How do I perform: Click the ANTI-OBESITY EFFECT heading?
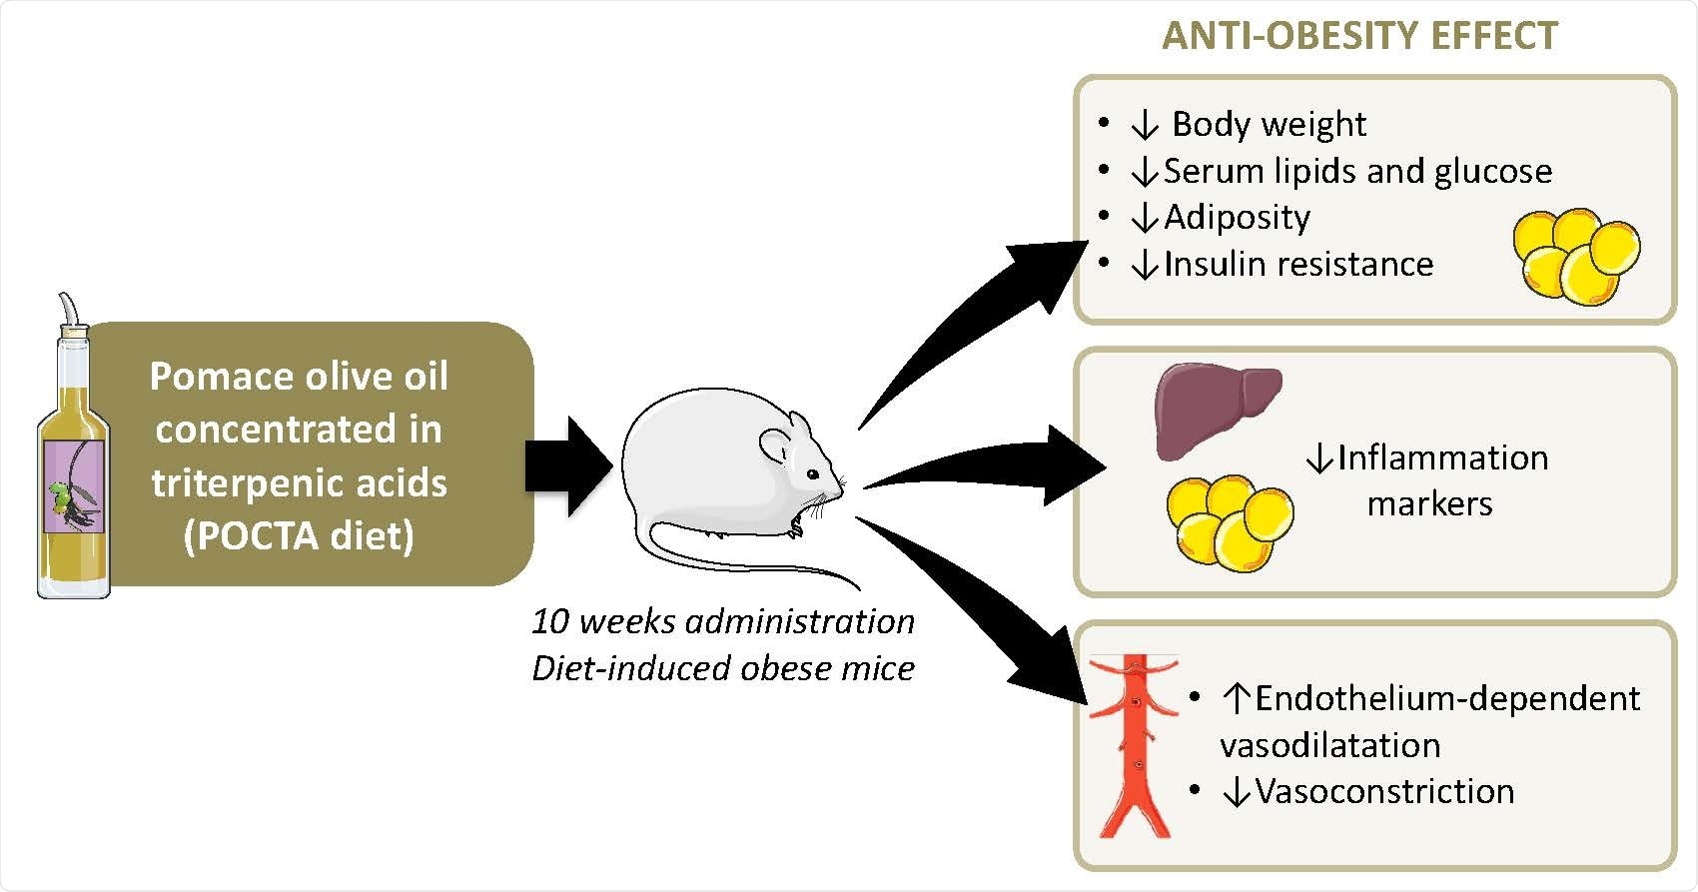(x=1360, y=36)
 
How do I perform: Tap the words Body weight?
(x=1269, y=124)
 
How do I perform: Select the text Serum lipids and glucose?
(x=1357, y=171)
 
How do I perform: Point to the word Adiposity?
(x=1238, y=218)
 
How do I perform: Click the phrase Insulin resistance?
(x=1298, y=264)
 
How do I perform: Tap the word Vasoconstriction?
(x=1385, y=791)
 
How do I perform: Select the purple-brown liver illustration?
(x=1218, y=411)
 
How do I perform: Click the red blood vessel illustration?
(x=1134, y=746)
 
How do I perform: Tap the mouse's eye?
(x=813, y=474)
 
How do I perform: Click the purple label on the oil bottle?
(x=74, y=486)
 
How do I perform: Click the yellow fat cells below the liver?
(x=1230, y=523)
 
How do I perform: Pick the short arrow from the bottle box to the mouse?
(x=568, y=466)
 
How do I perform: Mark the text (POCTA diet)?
(x=300, y=535)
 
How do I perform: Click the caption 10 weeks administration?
(x=723, y=621)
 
